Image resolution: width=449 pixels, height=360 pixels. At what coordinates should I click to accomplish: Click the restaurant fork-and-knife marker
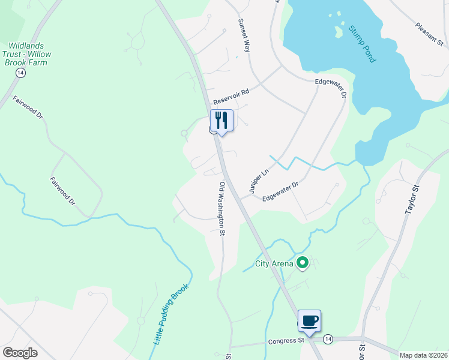coord(221,121)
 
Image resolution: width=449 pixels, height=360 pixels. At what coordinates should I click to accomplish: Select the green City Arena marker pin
coord(303,262)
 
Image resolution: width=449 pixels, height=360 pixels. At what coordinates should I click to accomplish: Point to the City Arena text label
coord(274,263)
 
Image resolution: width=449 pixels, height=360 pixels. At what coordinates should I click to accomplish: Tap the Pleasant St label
coord(429,35)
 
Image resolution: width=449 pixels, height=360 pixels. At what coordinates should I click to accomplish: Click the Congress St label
coord(286,341)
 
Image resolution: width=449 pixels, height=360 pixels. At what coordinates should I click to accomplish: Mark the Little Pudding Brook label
coord(171,313)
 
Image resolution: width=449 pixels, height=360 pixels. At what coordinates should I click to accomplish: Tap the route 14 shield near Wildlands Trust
coord(20,72)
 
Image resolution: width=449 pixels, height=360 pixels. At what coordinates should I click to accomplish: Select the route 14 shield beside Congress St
coord(328,339)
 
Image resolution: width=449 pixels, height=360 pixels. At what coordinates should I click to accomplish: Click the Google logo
coord(20,353)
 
